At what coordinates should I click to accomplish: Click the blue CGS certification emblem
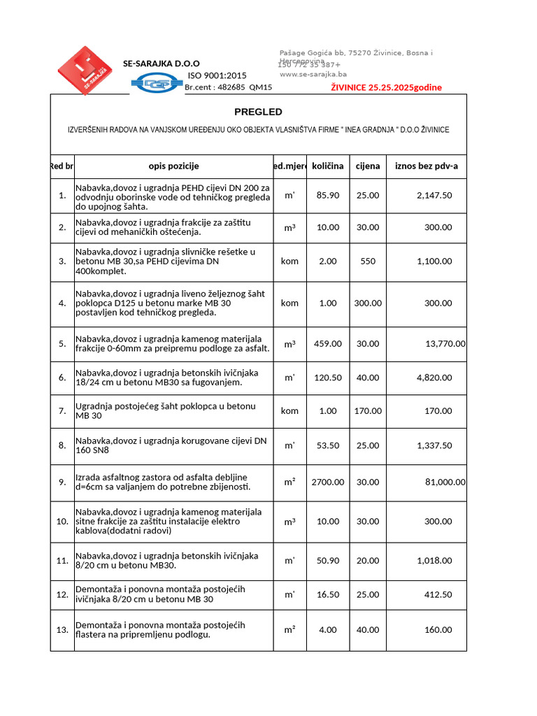click(157, 84)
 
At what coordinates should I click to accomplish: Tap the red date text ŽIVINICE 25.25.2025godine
click(386, 87)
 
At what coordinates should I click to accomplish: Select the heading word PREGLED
click(258, 112)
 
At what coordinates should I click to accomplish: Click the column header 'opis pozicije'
click(173, 166)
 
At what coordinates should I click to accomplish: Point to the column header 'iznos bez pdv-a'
click(426, 166)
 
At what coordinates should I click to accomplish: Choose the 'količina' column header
click(327, 166)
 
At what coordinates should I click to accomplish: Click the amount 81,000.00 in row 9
click(445, 482)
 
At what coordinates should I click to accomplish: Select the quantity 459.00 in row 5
click(327, 343)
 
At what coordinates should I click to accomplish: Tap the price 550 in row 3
click(368, 261)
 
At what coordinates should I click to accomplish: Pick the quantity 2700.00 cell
click(327, 482)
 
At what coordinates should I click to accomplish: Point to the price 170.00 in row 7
click(368, 411)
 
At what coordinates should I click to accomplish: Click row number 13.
click(62, 629)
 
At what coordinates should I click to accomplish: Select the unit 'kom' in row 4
click(289, 303)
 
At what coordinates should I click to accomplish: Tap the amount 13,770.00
click(445, 343)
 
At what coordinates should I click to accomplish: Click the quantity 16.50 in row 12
click(327, 594)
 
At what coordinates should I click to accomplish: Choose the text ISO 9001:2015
click(217, 76)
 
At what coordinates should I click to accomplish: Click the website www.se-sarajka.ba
click(313, 74)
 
